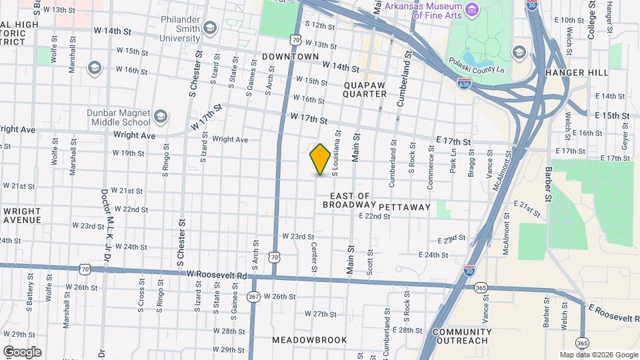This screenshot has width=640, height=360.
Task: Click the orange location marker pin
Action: click(321, 159)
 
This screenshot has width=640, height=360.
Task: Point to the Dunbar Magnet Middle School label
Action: click(119, 117)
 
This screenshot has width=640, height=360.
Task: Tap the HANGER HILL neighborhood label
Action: click(574, 72)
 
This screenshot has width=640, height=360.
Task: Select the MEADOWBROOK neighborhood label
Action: click(309, 340)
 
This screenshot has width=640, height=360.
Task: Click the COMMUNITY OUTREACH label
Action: click(462, 336)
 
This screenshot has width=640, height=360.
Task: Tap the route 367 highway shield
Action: click(253, 297)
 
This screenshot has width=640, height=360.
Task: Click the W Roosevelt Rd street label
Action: click(217, 275)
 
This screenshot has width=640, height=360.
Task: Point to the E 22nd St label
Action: click(374, 216)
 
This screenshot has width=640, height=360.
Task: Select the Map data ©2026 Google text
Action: click(598, 355)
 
